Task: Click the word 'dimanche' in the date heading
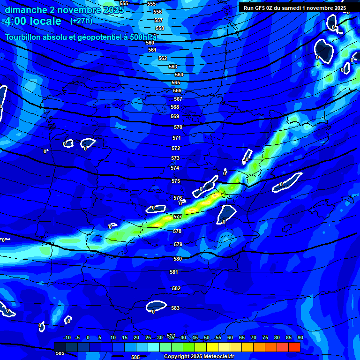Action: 26,9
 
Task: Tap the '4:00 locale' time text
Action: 33,21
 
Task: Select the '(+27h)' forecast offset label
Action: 81,21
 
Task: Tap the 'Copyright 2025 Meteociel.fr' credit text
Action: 199,356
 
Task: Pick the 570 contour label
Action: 178,127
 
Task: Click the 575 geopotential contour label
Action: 176,181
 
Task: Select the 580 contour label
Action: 178,259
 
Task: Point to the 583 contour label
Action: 175,308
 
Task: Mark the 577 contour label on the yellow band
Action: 178,217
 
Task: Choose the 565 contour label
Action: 176,82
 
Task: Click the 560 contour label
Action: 150,43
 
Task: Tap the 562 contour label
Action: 163,58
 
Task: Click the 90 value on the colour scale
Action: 300,337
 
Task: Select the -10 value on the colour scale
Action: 67,337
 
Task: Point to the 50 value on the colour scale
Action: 207,337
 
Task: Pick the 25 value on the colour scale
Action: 148,337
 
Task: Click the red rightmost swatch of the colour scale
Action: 294,347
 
